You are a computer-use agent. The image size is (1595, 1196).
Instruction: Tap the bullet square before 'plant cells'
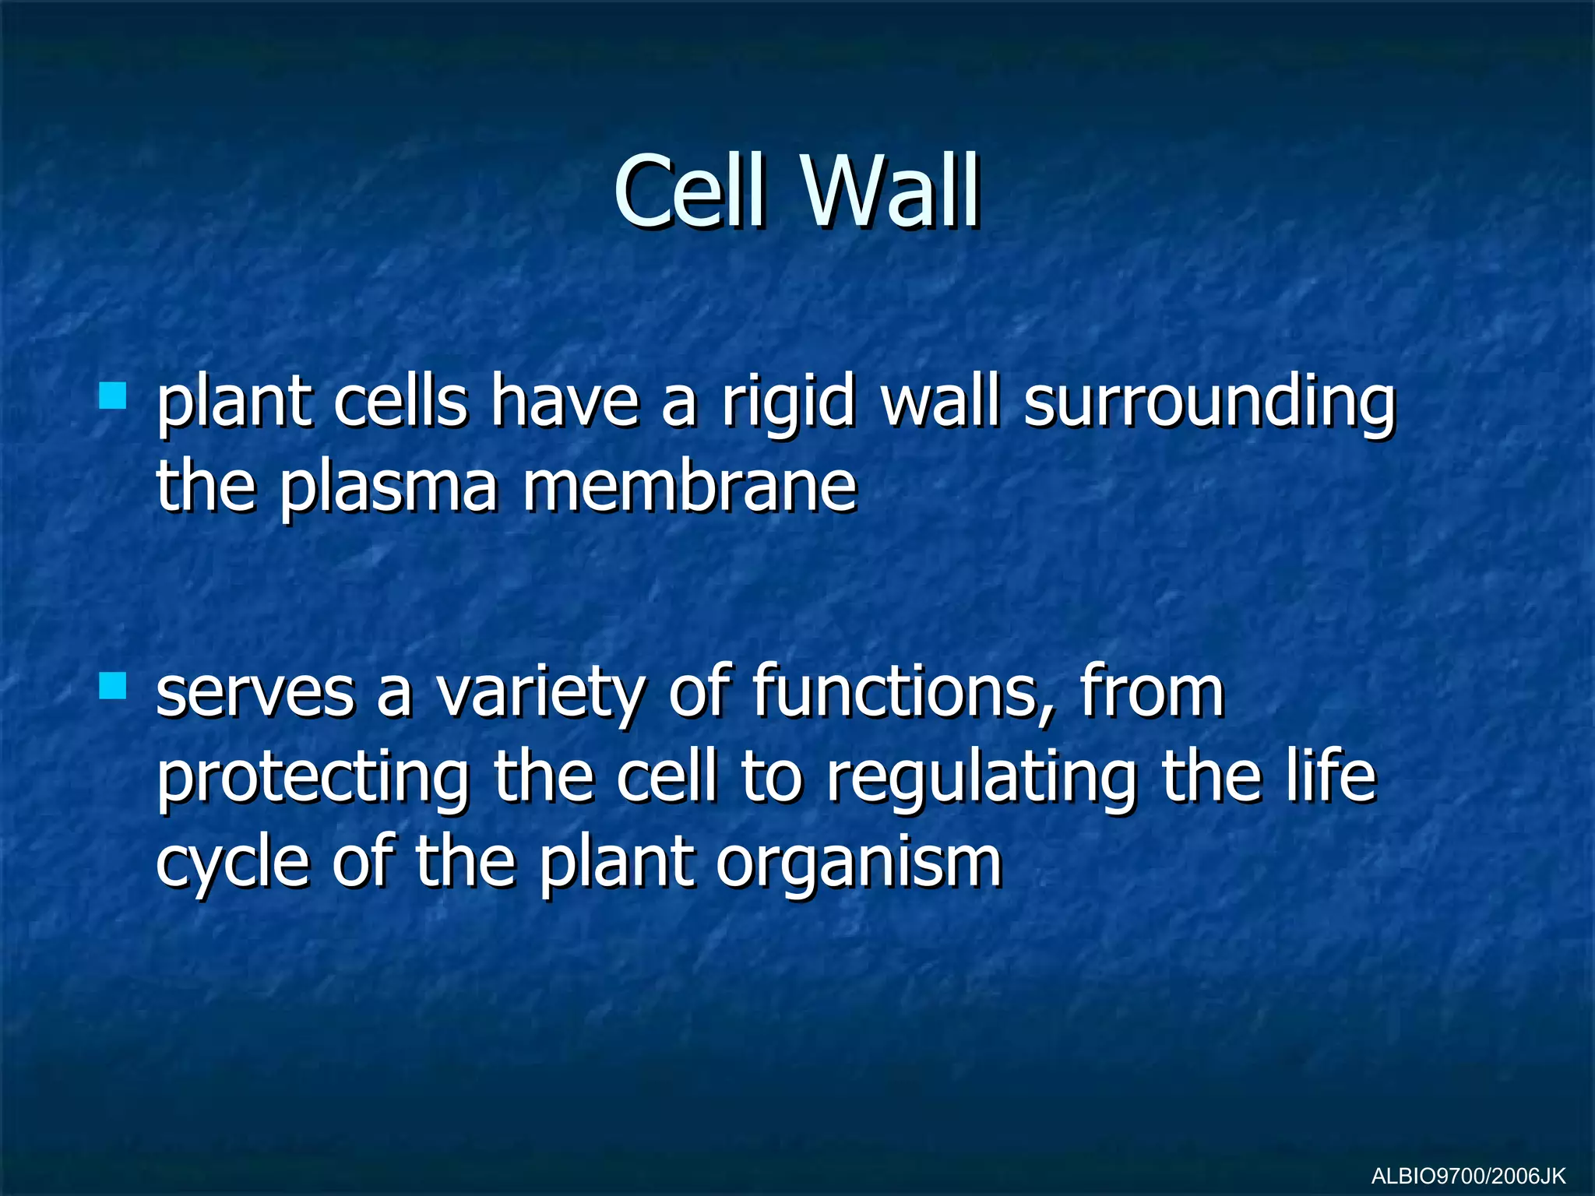pyautogui.click(x=113, y=396)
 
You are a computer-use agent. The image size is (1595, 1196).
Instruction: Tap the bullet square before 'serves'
pyautogui.click(x=113, y=687)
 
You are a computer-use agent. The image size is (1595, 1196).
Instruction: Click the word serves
pyautogui.click(x=255, y=693)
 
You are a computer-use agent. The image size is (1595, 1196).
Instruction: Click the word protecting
pyautogui.click(x=313, y=781)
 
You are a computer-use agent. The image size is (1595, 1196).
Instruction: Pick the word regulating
pyautogui.click(x=981, y=781)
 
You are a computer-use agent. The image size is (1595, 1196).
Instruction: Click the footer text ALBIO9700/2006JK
pyautogui.click(x=1468, y=1176)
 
